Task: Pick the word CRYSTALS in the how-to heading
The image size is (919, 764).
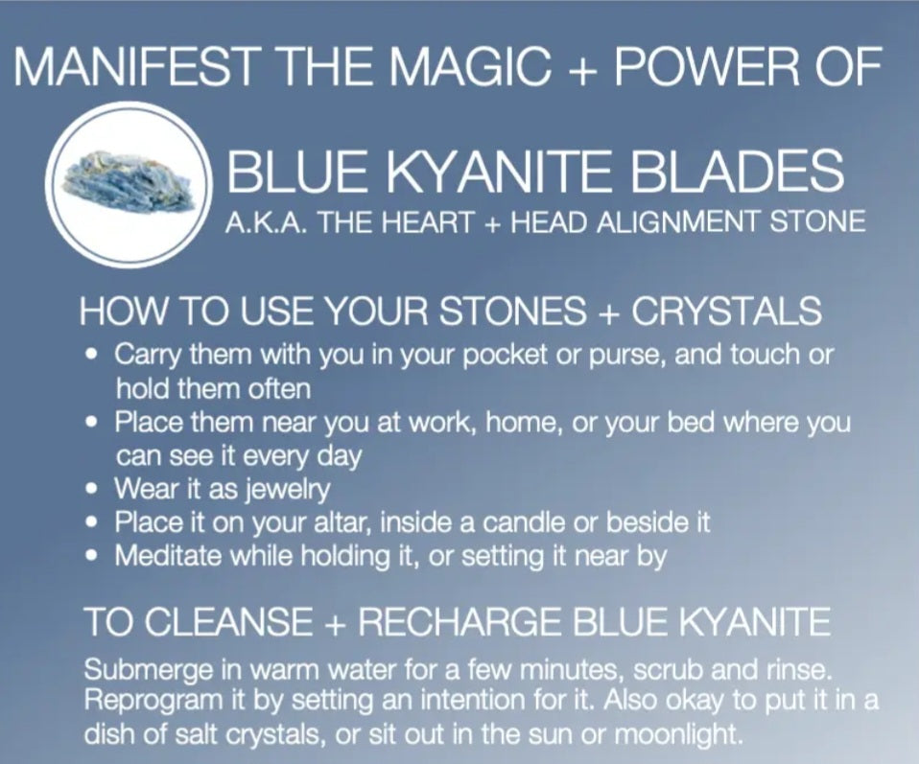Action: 725,311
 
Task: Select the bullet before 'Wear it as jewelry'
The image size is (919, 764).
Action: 91,488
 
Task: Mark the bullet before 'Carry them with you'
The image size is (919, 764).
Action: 91,355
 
